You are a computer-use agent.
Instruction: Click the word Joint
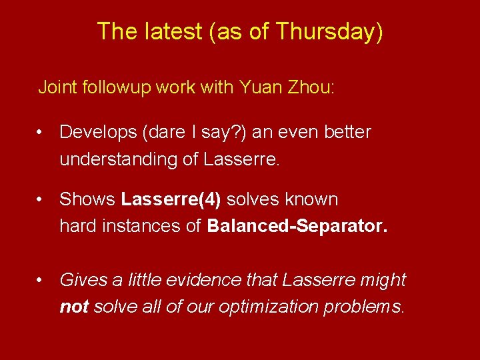[x=58, y=87]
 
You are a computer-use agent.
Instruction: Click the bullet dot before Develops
[x=41, y=133]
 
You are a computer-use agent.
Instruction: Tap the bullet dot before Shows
[x=41, y=200]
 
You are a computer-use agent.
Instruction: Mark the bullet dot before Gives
[x=41, y=281]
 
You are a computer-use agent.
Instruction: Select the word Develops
[x=95, y=133]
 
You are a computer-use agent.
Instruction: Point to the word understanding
[x=116, y=160]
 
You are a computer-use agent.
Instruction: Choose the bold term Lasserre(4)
[x=163, y=199]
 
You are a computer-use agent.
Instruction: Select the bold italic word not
[x=75, y=307]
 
